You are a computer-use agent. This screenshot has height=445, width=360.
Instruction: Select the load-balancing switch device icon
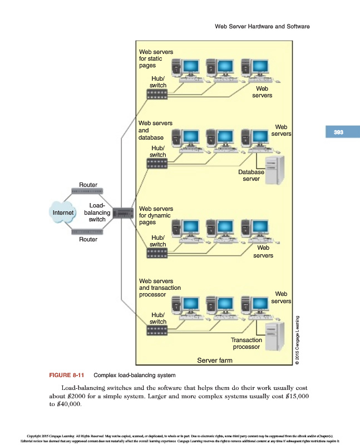123,212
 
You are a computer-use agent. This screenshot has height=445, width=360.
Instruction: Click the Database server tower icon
275,170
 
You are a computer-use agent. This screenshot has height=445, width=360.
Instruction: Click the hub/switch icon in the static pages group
157,94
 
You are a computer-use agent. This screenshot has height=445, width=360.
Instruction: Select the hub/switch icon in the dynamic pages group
157,253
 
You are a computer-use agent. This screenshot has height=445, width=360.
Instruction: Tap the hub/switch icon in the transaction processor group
157,330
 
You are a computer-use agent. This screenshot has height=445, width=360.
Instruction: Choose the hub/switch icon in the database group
157,164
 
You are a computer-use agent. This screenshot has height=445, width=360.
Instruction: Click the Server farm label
215,360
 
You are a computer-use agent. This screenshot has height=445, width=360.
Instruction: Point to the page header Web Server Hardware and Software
262,26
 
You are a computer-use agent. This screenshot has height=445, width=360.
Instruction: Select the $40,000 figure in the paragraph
69,404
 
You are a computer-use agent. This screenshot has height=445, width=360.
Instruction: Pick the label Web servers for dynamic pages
156,215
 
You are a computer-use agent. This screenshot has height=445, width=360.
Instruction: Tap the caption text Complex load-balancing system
135,375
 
